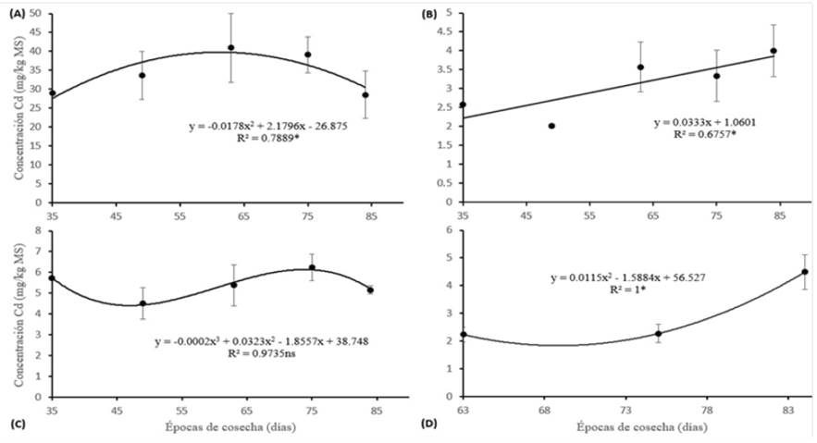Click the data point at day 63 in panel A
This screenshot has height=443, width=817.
point(231,47)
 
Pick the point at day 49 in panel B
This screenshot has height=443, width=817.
point(551,126)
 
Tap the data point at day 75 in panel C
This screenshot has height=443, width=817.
point(312,267)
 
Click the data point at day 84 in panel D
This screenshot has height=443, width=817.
point(779,272)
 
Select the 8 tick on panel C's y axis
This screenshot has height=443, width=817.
point(42,229)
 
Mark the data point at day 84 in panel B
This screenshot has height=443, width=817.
point(774,51)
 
